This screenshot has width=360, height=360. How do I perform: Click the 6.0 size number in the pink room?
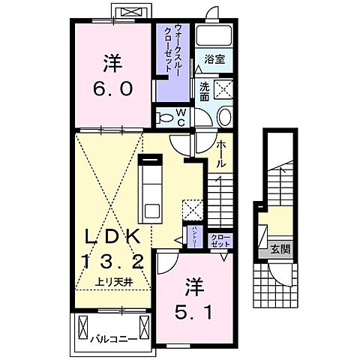(x=115, y=88)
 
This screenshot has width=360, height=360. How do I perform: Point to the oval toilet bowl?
(x=223, y=117)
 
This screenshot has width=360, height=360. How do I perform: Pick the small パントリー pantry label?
(x=195, y=237)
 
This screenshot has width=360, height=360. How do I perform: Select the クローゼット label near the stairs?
(x=220, y=241)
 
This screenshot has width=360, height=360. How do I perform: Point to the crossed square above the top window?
(x=124, y=12)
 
